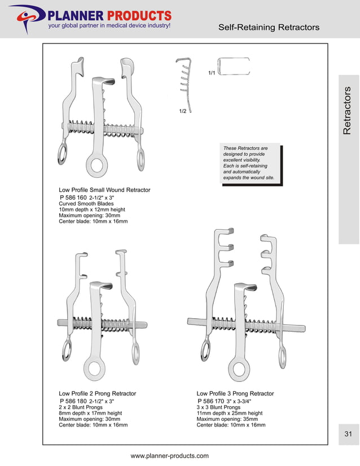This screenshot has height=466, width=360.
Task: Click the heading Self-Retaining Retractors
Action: (x=269, y=27)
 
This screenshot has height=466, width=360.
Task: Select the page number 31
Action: (x=348, y=433)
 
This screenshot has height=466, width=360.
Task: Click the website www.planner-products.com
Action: (x=169, y=456)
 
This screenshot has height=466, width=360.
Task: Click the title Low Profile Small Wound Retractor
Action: (x=104, y=190)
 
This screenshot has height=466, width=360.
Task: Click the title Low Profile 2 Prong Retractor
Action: (x=97, y=393)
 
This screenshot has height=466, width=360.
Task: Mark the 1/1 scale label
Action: (x=212, y=73)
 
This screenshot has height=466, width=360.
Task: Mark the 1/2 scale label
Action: (x=183, y=112)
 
